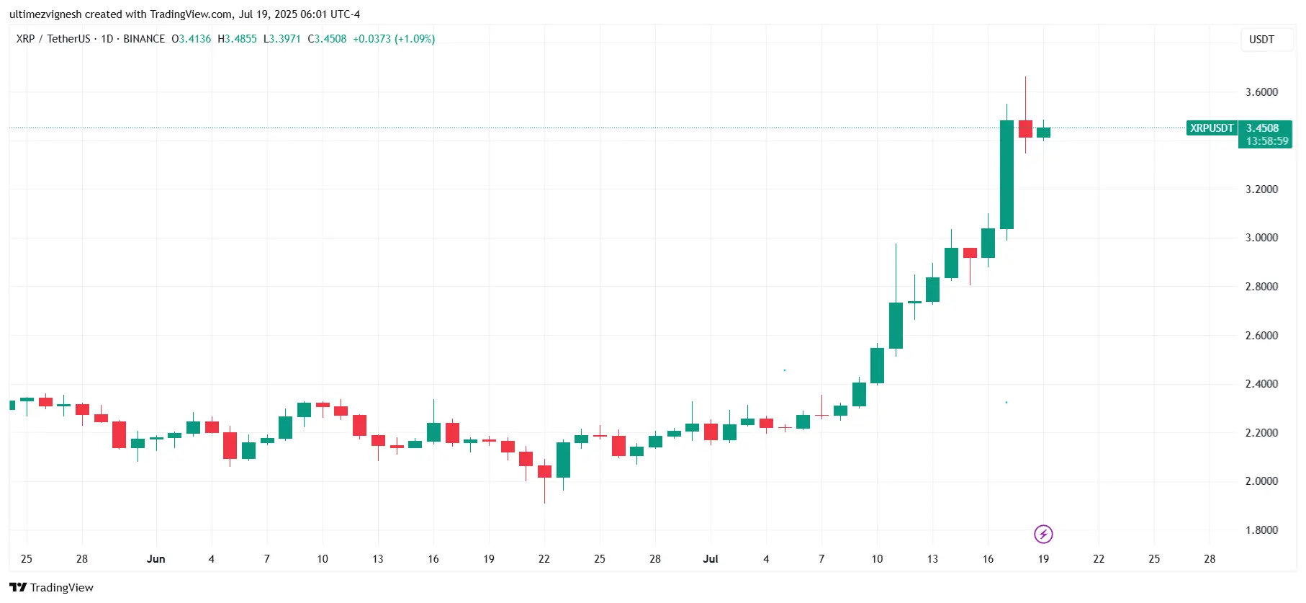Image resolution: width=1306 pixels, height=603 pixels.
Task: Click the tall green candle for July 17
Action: tap(1006, 175)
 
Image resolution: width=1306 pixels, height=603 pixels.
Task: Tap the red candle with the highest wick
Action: tap(1025, 129)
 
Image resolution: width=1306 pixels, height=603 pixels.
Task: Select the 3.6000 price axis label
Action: tap(1261, 92)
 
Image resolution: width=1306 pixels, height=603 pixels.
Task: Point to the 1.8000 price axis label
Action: tap(1261, 530)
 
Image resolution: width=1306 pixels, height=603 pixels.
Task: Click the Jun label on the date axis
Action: tap(156, 559)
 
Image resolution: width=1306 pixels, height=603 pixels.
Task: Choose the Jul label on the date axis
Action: tap(711, 559)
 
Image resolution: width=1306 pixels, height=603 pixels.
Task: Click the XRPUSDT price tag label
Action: tap(1212, 128)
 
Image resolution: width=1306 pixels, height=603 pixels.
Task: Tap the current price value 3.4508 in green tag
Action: tap(1262, 128)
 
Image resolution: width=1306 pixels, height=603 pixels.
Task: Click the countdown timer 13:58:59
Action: tap(1266, 141)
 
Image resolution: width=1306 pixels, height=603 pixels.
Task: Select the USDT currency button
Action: tap(1261, 40)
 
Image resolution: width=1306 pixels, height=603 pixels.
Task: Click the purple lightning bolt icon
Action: tap(1043, 534)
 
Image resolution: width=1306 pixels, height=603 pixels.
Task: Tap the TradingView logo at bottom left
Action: tap(52, 588)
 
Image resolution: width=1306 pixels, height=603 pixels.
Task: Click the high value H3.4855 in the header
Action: tap(237, 39)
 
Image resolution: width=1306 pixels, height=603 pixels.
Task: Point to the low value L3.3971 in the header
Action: tap(282, 39)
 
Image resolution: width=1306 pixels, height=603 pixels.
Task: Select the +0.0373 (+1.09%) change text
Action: tap(394, 39)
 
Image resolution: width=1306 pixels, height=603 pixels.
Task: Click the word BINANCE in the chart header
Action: tap(144, 39)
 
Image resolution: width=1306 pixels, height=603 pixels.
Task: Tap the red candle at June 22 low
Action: tap(544, 472)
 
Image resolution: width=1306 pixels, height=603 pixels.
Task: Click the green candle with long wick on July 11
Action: tap(896, 325)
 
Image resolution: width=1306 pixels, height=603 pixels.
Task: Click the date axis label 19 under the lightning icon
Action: tap(1043, 559)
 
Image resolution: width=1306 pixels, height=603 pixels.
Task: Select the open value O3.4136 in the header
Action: tap(191, 39)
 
